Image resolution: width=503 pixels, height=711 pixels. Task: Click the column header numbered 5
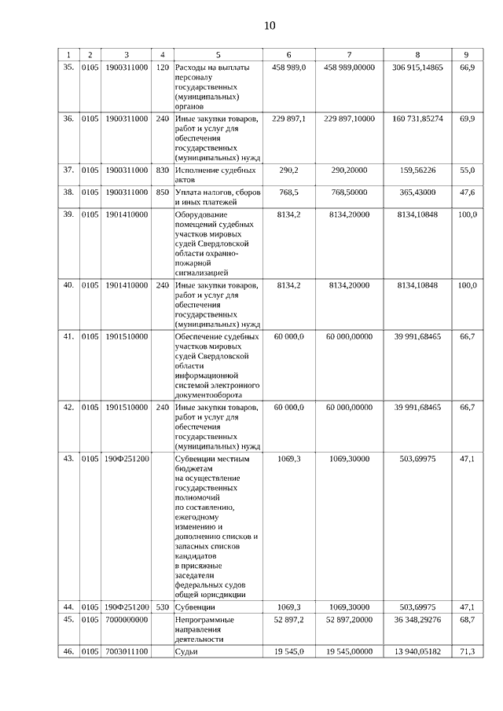pyautogui.click(x=218, y=54)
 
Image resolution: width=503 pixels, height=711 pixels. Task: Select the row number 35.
pyautogui.click(x=68, y=68)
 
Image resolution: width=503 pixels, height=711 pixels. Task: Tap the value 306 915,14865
pyautogui.click(x=417, y=68)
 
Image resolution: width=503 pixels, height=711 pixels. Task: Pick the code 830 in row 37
pyautogui.click(x=163, y=170)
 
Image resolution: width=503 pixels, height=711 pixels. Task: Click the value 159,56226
pyautogui.click(x=417, y=170)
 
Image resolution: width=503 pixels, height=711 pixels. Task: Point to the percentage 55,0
pyautogui.click(x=467, y=170)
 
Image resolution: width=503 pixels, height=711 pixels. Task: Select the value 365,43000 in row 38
pyautogui.click(x=417, y=192)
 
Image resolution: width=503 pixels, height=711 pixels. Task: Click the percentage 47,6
pyautogui.click(x=467, y=192)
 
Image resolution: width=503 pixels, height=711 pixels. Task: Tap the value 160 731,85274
pyautogui.click(x=417, y=119)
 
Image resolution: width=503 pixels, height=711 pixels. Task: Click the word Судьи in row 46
pyautogui.click(x=187, y=651)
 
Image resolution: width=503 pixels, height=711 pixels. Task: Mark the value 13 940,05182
pyautogui.click(x=417, y=651)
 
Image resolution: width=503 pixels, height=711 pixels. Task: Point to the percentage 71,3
pyautogui.click(x=467, y=651)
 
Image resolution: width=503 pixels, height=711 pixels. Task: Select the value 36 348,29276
pyautogui.click(x=417, y=620)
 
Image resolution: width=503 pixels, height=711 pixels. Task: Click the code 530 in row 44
pyautogui.click(x=163, y=607)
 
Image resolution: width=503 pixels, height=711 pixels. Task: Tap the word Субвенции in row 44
pyautogui.click(x=196, y=607)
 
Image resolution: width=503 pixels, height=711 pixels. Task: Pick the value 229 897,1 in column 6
pyautogui.click(x=289, y=119)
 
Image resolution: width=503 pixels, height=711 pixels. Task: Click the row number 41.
pyautogui.click(x=68, y=336)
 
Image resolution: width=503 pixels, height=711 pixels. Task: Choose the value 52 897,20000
pyautogui.click(x=350, y=620)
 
